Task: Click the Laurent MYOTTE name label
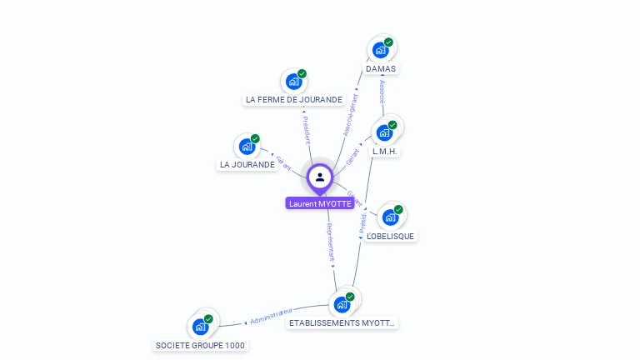320,203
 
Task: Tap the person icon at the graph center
320,177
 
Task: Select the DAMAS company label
381,69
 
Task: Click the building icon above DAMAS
381,50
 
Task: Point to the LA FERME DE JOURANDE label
294,100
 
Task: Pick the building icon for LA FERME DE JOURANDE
293,81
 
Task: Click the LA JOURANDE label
247,165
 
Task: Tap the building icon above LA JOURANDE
247,147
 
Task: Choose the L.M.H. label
386,152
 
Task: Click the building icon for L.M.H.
384,132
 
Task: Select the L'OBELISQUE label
391,236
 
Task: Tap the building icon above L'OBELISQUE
390,217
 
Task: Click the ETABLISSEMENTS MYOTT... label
342,322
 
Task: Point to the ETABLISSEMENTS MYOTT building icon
342,304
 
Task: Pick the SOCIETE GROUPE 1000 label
202,345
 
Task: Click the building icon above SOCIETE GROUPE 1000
200,327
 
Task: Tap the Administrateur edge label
272,317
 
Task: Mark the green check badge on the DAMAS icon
388,42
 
